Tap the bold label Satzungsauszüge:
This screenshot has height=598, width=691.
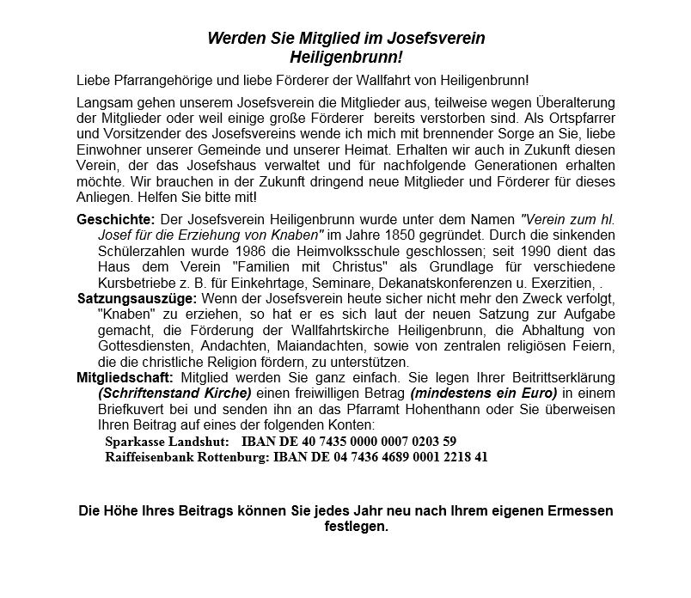click(x=137, y=298)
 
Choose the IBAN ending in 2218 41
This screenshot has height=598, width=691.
click(x=380, y=457)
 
